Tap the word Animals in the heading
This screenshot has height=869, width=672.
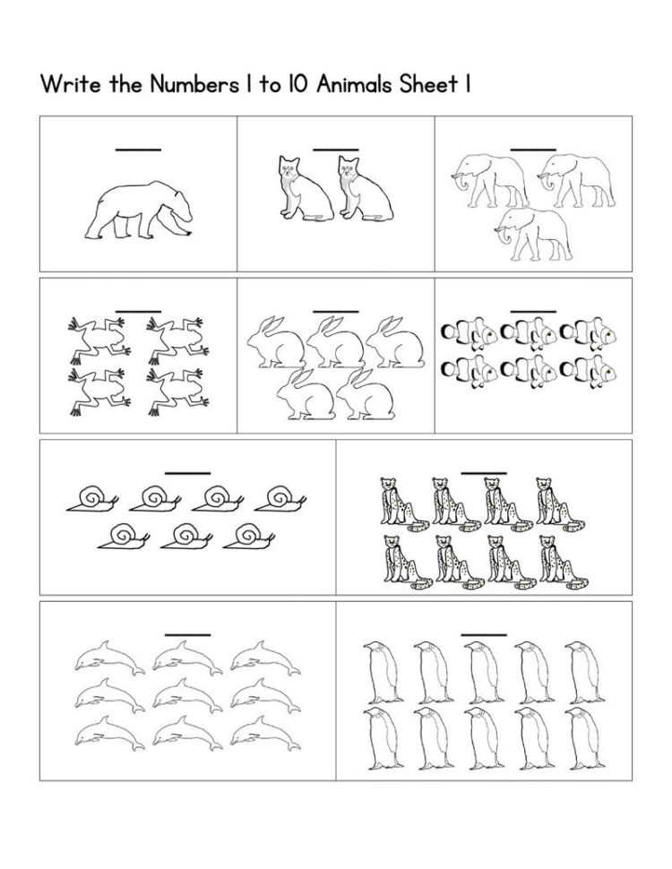coord(363,84)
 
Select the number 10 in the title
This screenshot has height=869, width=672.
coord(297,84)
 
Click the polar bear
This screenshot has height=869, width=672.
coord(139,211)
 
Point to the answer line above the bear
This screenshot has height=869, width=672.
coord(138,150)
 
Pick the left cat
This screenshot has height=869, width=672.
coord(304,187)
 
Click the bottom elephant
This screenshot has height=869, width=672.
coord(533,234)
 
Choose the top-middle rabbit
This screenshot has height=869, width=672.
coord(335,342)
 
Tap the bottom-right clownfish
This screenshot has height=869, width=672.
coord(589,371)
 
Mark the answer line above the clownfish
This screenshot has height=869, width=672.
coord(533,312)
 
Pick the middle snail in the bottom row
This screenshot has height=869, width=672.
coord(185,537)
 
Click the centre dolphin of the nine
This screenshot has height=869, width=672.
coord(187,695)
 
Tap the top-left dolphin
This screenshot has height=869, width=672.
coord(109,658)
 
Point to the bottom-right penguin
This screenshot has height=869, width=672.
coord(585,738)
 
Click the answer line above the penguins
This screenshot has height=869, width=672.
coord(484,635)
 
